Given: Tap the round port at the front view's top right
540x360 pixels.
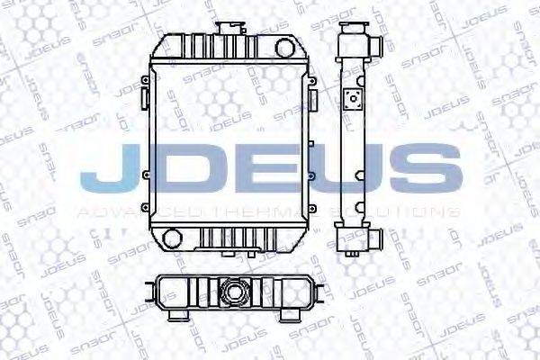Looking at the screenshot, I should pos(288,45).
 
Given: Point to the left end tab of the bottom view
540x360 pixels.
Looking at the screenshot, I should pos(148,292).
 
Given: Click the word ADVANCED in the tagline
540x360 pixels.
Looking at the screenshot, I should pos(122,212).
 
